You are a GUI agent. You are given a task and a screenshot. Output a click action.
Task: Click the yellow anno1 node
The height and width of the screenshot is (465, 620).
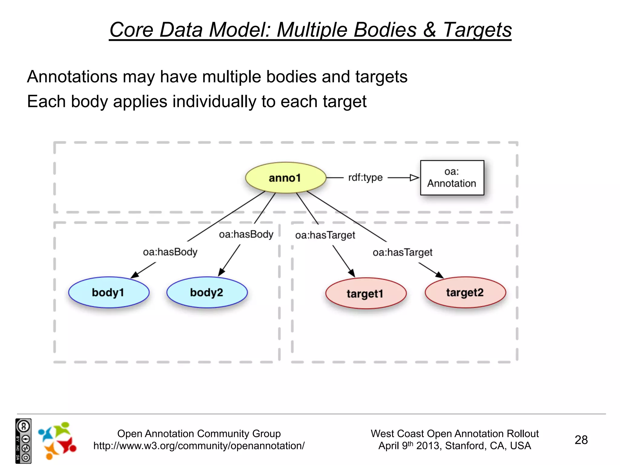pos(285,178)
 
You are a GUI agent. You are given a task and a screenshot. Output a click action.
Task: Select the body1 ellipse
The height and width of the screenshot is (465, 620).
pos(109,292)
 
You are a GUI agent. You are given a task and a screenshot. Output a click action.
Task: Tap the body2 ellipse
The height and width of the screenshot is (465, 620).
pos(207,292)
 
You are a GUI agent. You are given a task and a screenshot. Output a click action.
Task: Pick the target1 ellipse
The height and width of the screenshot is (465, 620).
pos(366,293)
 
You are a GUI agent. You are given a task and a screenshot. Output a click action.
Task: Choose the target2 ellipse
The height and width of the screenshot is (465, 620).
pos(465,292)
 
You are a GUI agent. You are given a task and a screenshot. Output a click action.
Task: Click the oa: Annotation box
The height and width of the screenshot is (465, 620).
pos(452,178)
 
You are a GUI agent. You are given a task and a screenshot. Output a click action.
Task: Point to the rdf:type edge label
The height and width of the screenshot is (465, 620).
pos(365,177)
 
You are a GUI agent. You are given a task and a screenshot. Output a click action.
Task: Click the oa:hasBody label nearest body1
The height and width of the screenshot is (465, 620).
pos(170,252)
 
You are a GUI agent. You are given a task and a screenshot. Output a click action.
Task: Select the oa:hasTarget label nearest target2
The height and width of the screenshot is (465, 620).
pos(402,252)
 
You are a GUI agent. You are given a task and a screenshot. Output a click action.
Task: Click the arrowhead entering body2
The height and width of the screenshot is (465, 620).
pos(222,272)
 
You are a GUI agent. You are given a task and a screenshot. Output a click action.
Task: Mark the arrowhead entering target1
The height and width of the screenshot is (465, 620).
pos(351,273)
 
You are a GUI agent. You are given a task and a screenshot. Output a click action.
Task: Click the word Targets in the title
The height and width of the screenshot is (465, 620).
pos(477,30)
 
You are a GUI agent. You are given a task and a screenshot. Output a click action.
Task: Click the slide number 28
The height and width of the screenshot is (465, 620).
pos(581,440)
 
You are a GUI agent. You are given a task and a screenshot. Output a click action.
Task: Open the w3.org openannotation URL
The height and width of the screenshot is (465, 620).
pos(199,446)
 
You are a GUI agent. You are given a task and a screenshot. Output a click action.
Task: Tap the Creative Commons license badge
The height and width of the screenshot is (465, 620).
pos(23,441)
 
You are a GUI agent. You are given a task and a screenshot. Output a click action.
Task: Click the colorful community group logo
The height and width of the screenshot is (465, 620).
pos(57,440)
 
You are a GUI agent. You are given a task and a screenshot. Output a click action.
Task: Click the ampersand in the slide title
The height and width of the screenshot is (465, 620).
pos(430,30)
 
